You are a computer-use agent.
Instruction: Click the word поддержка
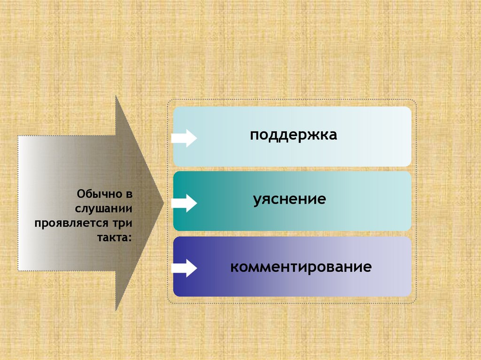pyautogui.click(x=294, y=135)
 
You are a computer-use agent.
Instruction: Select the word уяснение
pyautogui.click(x=289, y=199)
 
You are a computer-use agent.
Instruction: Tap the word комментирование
pyautogui.click(x=301, y=268)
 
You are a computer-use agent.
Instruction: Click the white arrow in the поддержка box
pyautogui.click(x=184, y=138)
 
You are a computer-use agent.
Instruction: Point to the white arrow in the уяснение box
pyautogui.click(x=184, y=203)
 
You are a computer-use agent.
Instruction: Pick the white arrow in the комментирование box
pyautogui.click(x=184, y=268)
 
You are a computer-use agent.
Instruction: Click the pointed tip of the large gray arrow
pyautogui.click(x=163, y=202)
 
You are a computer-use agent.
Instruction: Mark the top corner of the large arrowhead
pyautogui.click(x=116, y=96)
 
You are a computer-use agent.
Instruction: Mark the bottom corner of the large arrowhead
pyautogui.click(x=116, y=310)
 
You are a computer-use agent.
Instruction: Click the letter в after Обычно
pyautogui.click(x=129, y=193)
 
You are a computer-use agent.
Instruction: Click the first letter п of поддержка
pyautogui.click(x=254, y=136)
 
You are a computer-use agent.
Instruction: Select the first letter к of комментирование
pyautogui.click(x=233, y=268)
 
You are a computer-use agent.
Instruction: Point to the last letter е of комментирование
pyautogui.click(x=368, y=268)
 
